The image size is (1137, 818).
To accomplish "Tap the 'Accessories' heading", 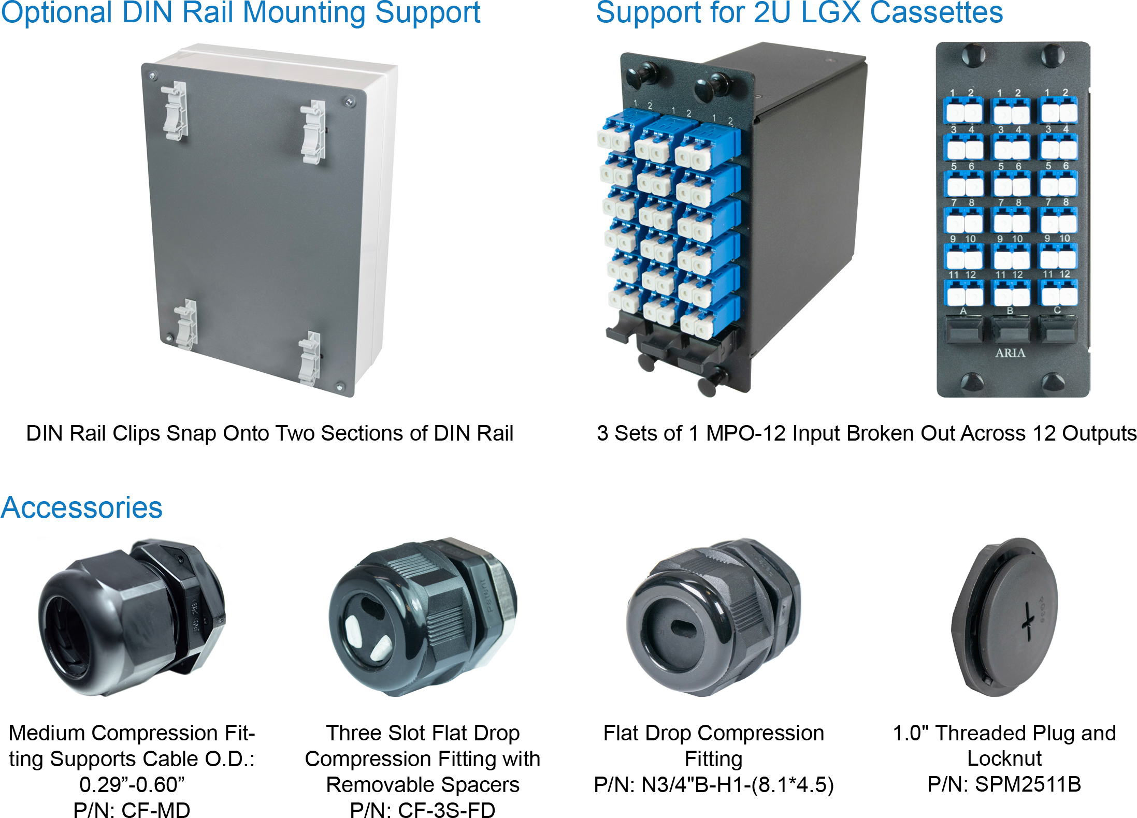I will coord(81,507).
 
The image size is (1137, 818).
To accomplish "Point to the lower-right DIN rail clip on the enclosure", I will coord(310,358).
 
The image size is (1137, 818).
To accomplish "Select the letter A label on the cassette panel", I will coord(963,311).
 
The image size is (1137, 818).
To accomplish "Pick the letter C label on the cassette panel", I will coord(1057,310).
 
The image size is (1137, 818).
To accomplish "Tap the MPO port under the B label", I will coord(1010,329).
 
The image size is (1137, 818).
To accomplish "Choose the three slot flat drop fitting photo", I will coord(422,616).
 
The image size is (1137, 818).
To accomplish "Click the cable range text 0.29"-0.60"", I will coord(132,784).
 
